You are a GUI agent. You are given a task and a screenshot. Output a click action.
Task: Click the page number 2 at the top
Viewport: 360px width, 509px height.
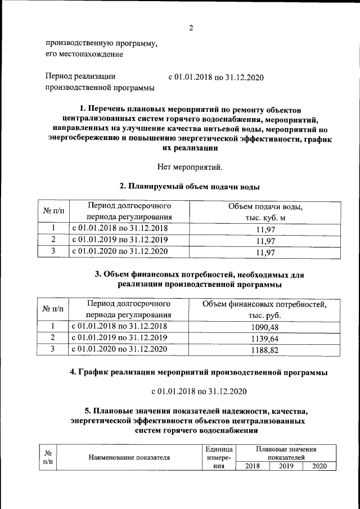coord(191,28)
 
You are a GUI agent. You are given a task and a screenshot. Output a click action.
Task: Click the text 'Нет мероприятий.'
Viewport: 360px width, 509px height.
coord(191,166)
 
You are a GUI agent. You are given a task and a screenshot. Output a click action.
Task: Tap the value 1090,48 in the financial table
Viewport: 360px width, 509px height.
coord(264,327)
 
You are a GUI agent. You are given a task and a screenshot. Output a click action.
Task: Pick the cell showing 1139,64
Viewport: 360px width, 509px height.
coord(264,339)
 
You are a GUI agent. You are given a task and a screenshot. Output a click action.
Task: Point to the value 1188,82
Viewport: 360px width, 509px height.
coord(264,350)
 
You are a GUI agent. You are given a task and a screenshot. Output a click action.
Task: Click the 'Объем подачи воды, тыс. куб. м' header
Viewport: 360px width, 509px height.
coord(264,212)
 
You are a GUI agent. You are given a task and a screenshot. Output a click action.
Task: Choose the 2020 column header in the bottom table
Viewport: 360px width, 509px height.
coord(319,466)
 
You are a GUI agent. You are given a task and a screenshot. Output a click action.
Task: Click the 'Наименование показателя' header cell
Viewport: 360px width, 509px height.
coord(129,457)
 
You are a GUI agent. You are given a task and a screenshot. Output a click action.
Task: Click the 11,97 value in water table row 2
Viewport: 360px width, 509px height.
coord(264,241)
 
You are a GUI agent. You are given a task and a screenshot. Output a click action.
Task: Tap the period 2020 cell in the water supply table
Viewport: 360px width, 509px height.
coord(119,251)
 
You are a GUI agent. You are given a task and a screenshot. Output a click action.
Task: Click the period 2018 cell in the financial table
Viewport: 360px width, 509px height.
coord(119,326)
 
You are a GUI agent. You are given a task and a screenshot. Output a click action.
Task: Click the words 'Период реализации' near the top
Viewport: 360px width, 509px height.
coord(80,76)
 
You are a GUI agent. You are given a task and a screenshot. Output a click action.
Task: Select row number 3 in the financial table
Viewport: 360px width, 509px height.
coord(52,349)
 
